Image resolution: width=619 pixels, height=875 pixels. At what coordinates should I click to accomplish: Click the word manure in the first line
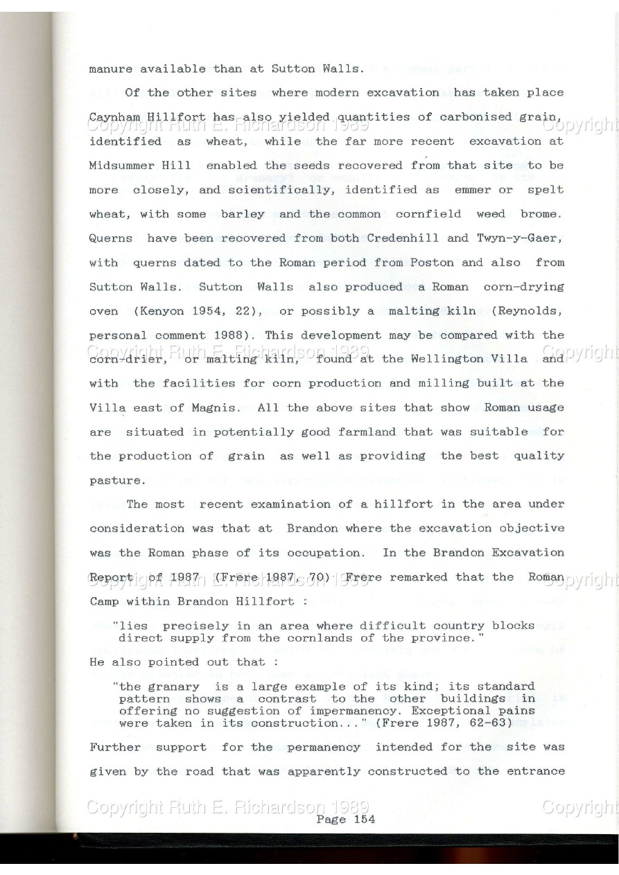click(x=113, y=69)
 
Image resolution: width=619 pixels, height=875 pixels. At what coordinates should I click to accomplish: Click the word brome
click(x=545, y=214)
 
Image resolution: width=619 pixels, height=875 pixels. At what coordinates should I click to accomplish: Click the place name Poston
click(x=428, y=263)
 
